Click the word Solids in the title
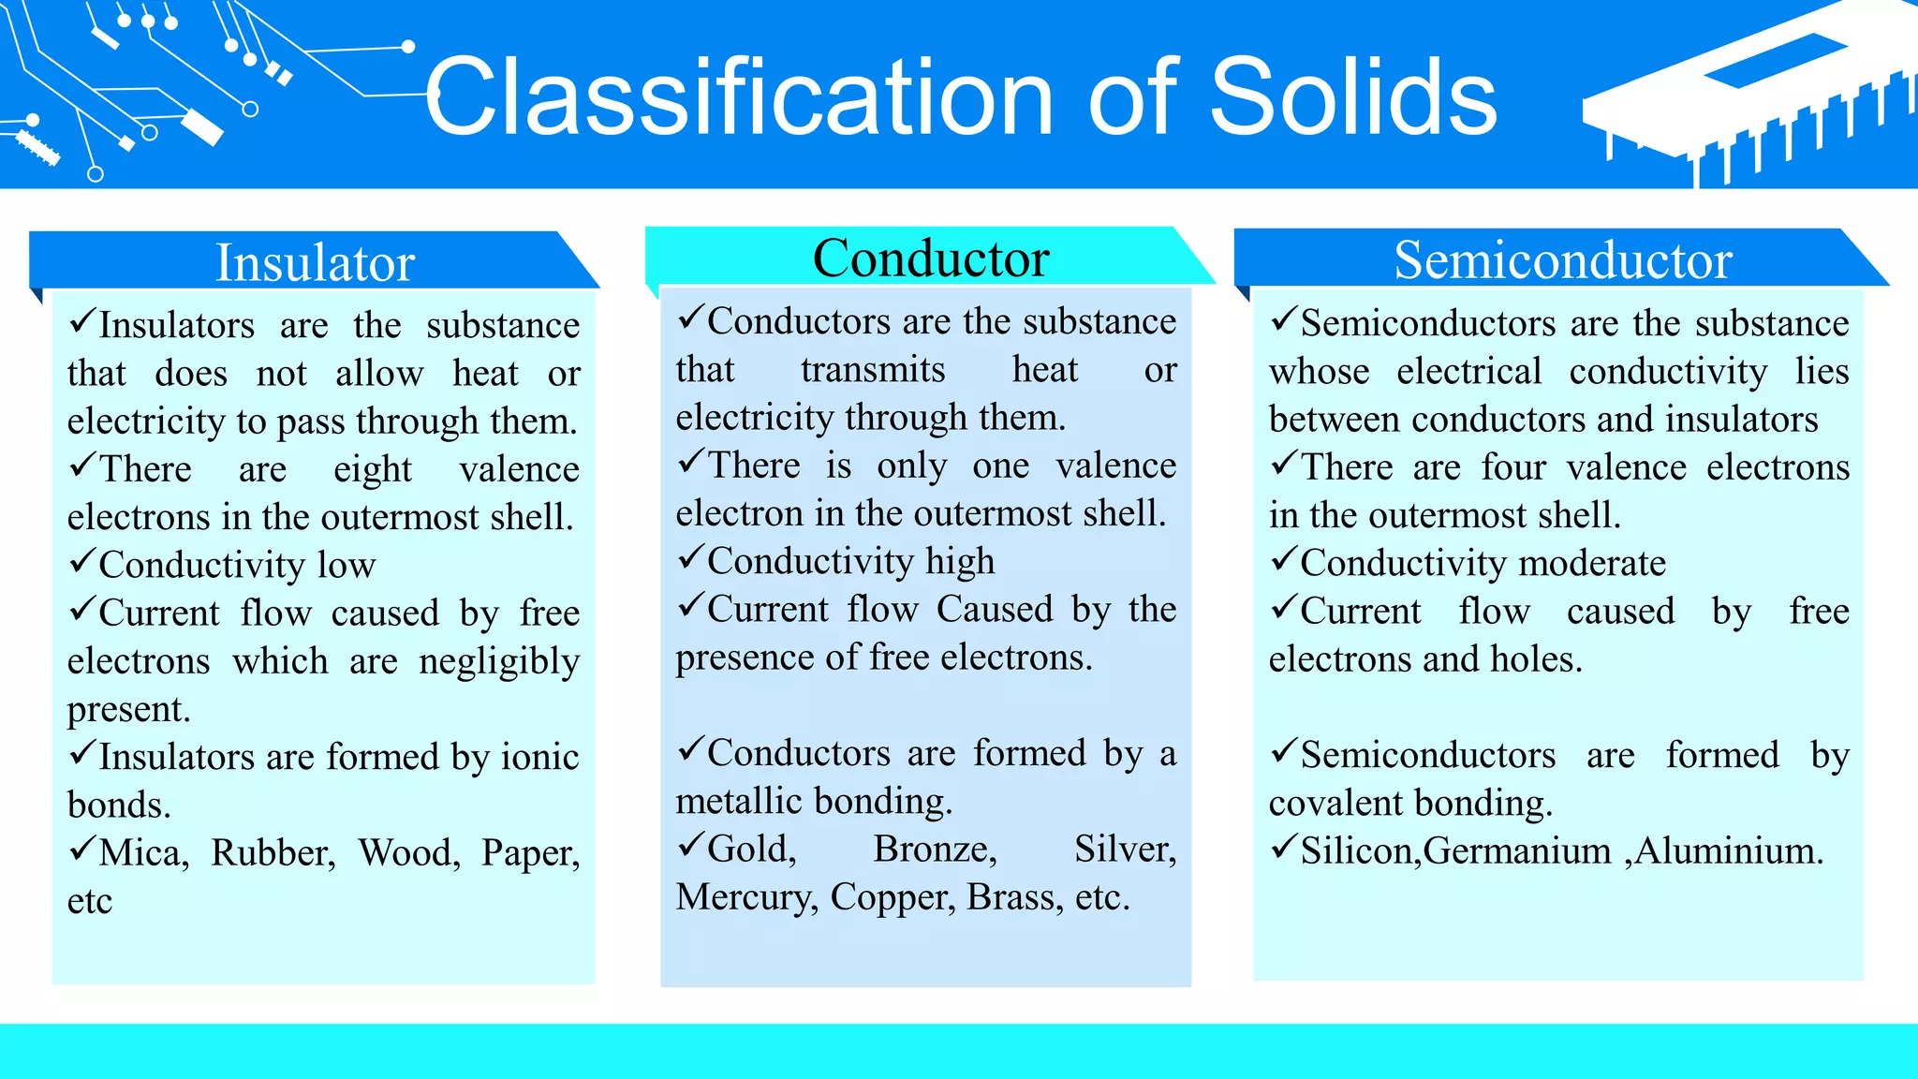coord(1353,97)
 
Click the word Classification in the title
coord(740,97)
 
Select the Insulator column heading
coord(315,262)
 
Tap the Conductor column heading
coord(931,259)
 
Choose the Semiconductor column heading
coord(1562,260)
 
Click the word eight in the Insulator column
coord(372,469)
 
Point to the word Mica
coord(143,852)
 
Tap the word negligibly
coord(499,661)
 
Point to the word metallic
coord(738,801)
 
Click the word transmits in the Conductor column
coord(873,369)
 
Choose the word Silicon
coord(1360,850)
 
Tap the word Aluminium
coord(1729,850)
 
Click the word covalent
coord(1335,803)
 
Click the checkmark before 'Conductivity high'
coord(690,557)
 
